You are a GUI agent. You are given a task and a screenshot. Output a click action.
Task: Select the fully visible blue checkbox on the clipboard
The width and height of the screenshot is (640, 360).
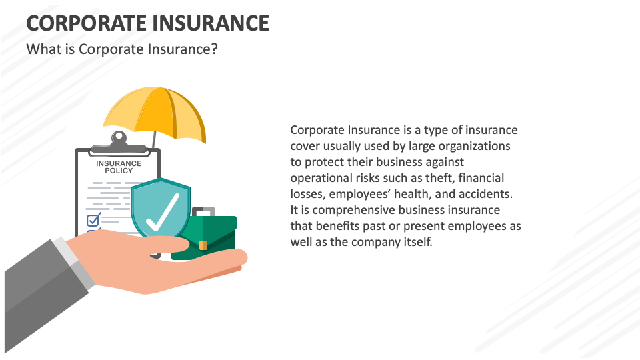pos(93,218)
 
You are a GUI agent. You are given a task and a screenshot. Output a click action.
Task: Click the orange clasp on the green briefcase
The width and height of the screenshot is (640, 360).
pos(203,245)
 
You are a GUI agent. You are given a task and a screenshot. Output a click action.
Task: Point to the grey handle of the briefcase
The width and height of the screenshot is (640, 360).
pos(204,211)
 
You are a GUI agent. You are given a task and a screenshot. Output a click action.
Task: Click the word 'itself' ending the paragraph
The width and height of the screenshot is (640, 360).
pos(418,241)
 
